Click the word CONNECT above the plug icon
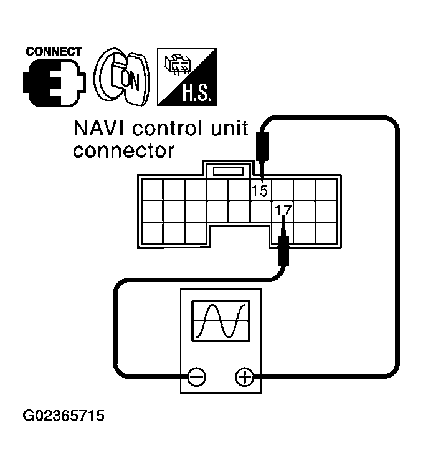(x=54, y=51)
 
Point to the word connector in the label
(x=123, y=150)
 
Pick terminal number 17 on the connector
(x=283, y=210)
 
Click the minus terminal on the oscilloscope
(x=196, y=376)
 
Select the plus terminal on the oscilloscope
(x=244, y=376)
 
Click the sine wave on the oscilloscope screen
(x=221, y=321)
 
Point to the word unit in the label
(x=228, y=129)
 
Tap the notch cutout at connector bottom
(x=240, y=237)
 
